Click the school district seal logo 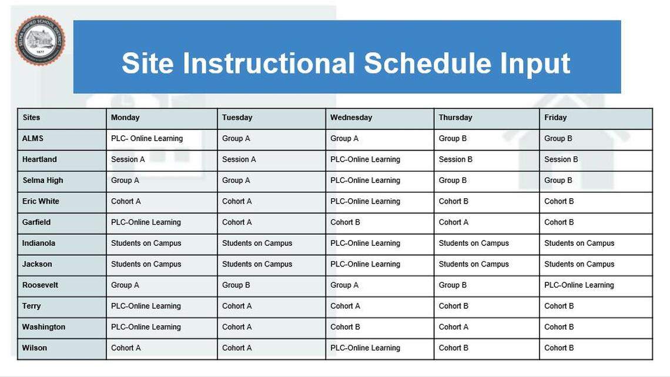click(x=40, y=41)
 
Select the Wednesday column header click(x=351, y=118)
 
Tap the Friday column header click(x=555, y=118)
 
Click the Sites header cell click(x=31, y=118)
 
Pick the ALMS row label click(x=33, y=139)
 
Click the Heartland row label click(x=39, y=159)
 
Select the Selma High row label click(x=42, y=181)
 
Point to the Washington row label click(x=43, y=327)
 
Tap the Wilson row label click(x=35, y=348)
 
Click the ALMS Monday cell click(x=147, y=139)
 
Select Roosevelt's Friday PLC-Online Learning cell click(x=579, y=285)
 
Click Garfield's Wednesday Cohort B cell click(x=345, y=222)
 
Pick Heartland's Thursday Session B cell click(x=455, y=159)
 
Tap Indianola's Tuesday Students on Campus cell click(x=257, y=243)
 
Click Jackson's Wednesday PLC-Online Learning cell click(x=365, y=264)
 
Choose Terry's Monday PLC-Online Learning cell click(x=146, y=306)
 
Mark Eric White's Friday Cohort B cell click(x=559, y=201)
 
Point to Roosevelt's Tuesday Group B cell click(x=236, y=285)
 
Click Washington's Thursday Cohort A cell click(x=453, y=327)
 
